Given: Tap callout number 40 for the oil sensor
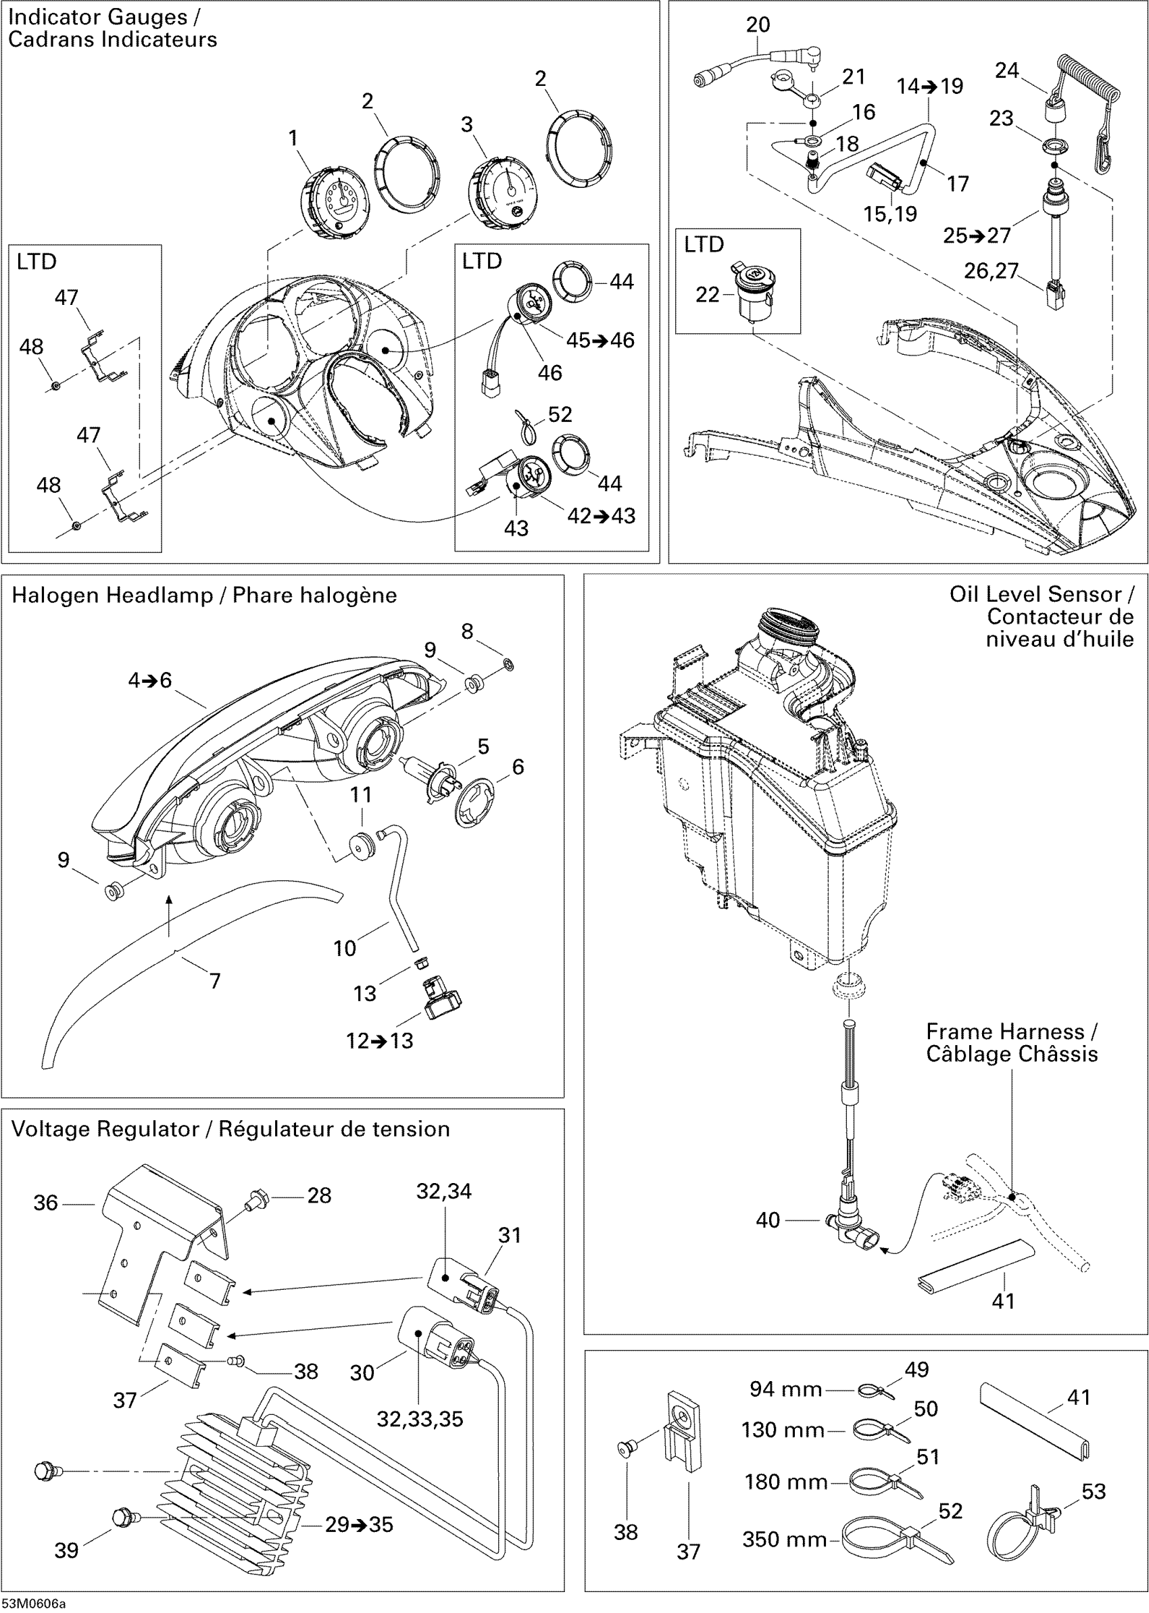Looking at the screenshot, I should point(768,1220).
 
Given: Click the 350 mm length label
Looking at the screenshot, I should point(785,1539).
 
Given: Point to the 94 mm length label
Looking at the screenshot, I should point(785,1389).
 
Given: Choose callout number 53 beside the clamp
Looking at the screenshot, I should point(1093,1491).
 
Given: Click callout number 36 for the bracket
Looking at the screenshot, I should point(46,1203).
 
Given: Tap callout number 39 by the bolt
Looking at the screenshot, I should point(66,1550).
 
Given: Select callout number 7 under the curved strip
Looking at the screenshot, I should point(215,980).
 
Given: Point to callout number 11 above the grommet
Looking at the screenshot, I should point(361,794).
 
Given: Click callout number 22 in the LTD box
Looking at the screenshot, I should point(708,294).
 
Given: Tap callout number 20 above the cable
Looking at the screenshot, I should point(758,25).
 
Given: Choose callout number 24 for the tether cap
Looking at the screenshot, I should point(1007,70).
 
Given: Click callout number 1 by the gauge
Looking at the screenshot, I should point(293,138).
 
